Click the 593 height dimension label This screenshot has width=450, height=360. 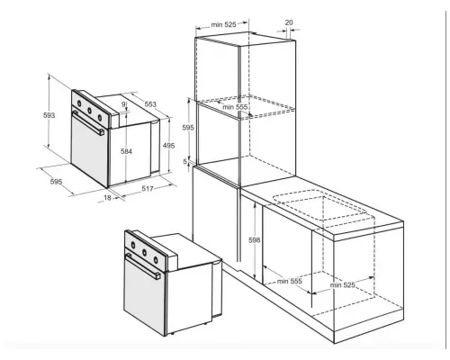[x=49, y=115]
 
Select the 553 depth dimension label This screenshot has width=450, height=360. [x=150, y=104]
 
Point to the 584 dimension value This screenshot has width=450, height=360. [x=126, y=151]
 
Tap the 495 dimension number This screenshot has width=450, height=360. [x=168, y=146]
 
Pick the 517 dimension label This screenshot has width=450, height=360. [x=148, y=188]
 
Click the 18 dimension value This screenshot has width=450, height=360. [x=107, y=198]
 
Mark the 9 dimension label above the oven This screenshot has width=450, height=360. [x=123, y=104]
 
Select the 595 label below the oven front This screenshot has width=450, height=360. [x=56, y=182]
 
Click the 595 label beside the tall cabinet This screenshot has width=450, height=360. [x=188, y=128]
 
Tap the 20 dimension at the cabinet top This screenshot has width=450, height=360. [x=289, y=22]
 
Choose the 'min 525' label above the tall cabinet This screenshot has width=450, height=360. [x=224, y=24]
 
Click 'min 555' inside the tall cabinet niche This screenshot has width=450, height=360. [x=235, y=107]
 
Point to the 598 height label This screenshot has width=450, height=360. [x=255, y=240]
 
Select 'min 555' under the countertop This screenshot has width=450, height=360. [x=290, y=281]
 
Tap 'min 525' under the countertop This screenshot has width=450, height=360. [x=343, y=284]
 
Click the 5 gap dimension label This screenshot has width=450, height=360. [x=185, y=162]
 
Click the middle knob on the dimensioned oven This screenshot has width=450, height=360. [x=89, y=111]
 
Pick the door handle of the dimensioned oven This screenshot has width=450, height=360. [x=88, y=122]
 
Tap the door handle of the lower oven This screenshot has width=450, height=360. [x=143, y=266]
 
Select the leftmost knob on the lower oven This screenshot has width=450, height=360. [x=133, y=246]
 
